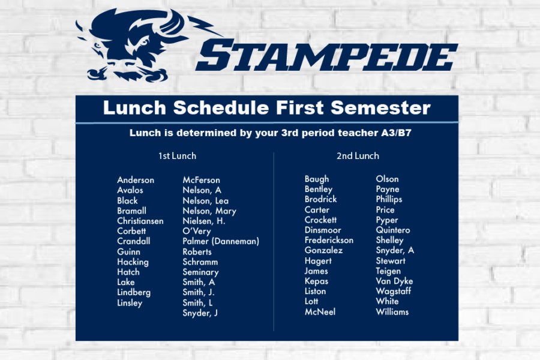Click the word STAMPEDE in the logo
coord(326,55)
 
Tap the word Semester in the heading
coord(380,108)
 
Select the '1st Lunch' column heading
coord(177,156)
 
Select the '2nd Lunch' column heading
coord(358,156)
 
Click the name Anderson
coord(136,180)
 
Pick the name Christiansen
coord(140,221)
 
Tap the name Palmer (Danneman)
coord(221,241)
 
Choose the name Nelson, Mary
coord(209,211)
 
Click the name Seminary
coord(200,272)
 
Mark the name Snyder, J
coord(200,313)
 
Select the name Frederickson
coord(329,240)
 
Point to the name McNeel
coord(320,312)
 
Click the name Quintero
coord(393,230)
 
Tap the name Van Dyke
coord(394,281)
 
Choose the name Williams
coord(392,312)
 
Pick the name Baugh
coord(317,179)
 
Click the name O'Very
coord(197,231)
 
